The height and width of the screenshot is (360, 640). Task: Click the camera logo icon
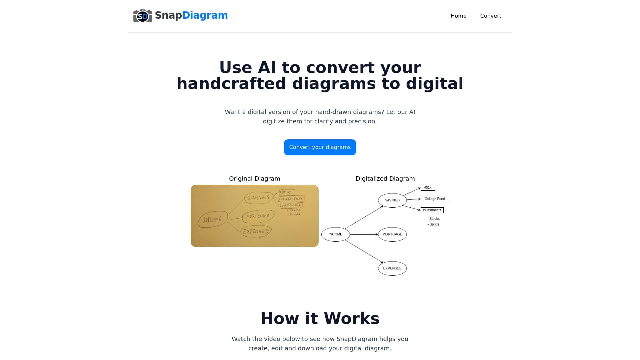point(143,16)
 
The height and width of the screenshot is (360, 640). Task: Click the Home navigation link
point(458,16)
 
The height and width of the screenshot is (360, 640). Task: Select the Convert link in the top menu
point(490,16)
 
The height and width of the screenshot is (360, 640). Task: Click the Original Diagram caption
point(254,179)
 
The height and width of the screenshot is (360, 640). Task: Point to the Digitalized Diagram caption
point(385,179)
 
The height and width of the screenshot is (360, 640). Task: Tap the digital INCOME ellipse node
point(335,234)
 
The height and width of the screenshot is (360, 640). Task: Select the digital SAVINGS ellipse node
point(392,200)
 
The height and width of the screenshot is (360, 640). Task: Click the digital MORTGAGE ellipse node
point(392,234)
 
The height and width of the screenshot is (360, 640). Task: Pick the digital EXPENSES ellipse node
point(392,268)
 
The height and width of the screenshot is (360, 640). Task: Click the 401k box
point(428,188)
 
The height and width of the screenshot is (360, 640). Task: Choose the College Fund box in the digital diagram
point(435,199)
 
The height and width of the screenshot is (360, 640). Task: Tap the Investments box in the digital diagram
point(432,210)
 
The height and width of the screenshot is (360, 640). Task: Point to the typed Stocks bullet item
point(434,219)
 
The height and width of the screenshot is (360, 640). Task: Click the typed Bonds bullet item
point(434,224)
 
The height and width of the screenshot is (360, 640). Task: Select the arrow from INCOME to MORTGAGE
point(364,234)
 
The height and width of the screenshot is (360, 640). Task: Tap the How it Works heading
point(320,318)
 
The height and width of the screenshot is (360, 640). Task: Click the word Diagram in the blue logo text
point(205,15)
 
